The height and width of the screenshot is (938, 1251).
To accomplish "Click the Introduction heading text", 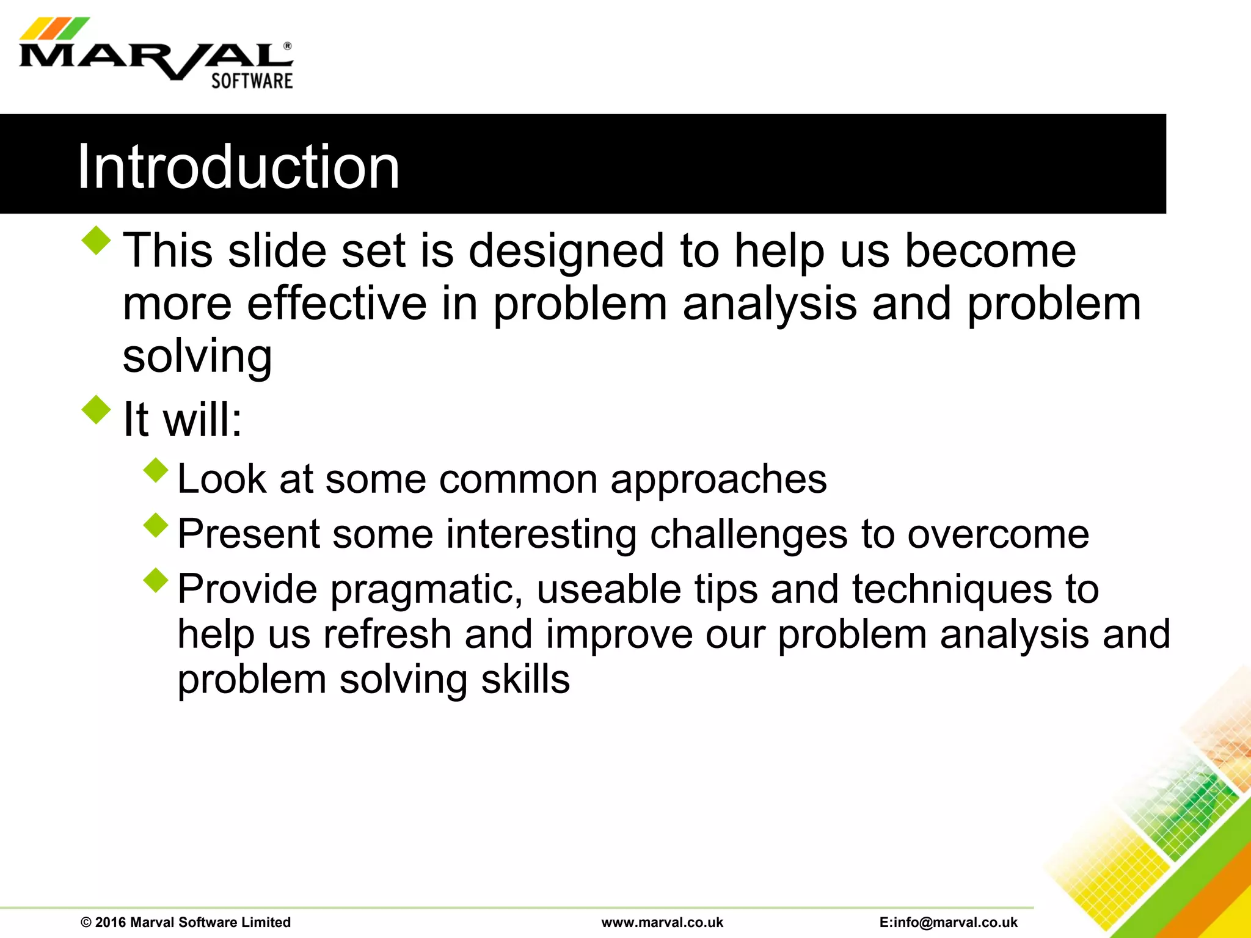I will click(x=238, y=166).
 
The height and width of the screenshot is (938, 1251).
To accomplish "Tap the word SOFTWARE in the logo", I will click(x=252, y=81).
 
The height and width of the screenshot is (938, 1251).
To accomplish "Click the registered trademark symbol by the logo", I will click(x=288, y=46).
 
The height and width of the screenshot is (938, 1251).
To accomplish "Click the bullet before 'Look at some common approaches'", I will click(x=156, y=470).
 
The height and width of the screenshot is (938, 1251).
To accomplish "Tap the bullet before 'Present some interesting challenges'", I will click(x=156, y=525).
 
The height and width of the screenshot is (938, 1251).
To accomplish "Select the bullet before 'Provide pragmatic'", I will click(x=156, y=580).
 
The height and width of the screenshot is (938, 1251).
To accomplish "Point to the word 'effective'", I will click(x=337, y=304).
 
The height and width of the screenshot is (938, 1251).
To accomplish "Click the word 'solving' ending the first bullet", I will click(x=197, y=357).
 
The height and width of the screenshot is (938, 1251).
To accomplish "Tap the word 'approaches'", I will click(x=718, y=480).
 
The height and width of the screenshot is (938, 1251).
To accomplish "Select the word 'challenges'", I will click(x=748, y=535).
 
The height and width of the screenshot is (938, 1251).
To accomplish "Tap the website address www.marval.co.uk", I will click(x=662, y=922).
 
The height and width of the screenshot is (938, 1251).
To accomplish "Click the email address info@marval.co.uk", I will click(x=949, y=922).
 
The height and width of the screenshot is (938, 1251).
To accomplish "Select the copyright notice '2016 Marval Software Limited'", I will click(x=186, y=922).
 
